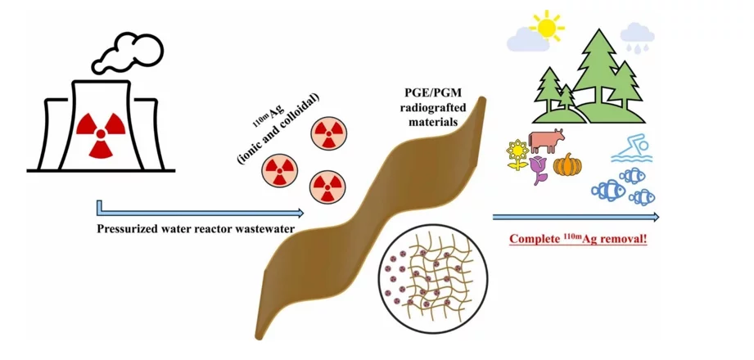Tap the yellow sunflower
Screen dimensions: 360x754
click(517, 155)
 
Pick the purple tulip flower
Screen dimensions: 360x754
click(538, 170)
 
